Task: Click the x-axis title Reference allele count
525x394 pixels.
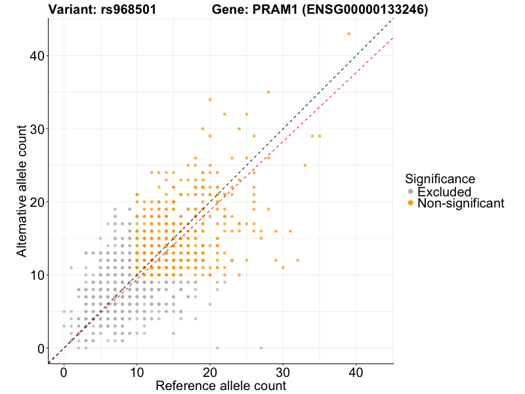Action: [x=220, y=385]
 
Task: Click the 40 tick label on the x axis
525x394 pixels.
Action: [x=356, y=372]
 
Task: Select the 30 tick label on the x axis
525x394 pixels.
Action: [x=283, y=372]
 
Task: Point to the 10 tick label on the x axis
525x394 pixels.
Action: [x=136, y=372]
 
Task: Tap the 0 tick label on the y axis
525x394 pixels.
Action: [x=40, y=348]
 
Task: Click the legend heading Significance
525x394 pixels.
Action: [x=440, y=179]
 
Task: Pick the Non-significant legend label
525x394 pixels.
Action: [x=461, y=204]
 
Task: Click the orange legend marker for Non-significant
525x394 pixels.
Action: [x=411, y=204]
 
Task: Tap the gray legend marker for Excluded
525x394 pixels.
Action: [x=411, y=192]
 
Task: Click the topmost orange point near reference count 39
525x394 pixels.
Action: [x=349, y=33]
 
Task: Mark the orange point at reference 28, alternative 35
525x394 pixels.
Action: [x=268, y=92]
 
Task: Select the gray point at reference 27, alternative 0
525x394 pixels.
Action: [x=261, y=348]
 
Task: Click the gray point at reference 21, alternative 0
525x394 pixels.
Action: [x=217, y=348]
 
